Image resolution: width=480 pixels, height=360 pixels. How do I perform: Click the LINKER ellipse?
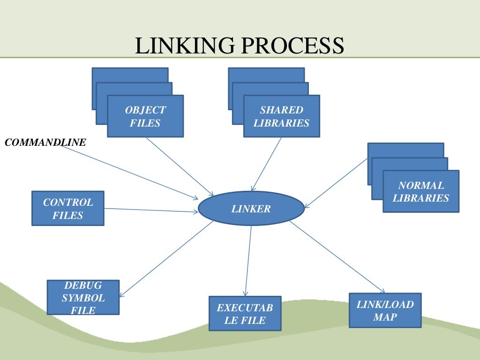pos(251,209)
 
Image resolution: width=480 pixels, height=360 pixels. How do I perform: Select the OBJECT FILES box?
pos(145,116)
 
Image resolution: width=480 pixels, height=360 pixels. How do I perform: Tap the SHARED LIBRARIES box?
pos(281,116)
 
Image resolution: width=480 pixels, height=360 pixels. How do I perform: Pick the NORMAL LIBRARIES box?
pos(420,191)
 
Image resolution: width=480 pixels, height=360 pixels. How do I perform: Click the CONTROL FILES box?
pos(68,209)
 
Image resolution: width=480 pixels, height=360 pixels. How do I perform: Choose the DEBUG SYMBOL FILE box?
pos(83,298)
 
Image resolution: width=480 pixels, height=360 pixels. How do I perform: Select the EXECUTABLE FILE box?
pos(245,314)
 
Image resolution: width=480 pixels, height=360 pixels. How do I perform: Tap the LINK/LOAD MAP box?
pos(385,310)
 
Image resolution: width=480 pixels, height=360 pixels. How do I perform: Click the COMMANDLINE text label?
pos(45,142)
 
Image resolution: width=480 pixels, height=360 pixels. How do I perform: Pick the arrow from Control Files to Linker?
pos(151,210)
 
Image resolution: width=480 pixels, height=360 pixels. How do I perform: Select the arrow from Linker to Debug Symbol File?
pos(166,258)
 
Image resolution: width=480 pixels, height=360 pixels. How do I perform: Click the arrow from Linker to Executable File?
pos(248,261)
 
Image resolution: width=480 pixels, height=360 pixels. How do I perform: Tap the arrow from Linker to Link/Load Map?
pos(337,256)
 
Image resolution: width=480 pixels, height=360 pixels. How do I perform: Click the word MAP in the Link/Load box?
pos(385,317)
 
